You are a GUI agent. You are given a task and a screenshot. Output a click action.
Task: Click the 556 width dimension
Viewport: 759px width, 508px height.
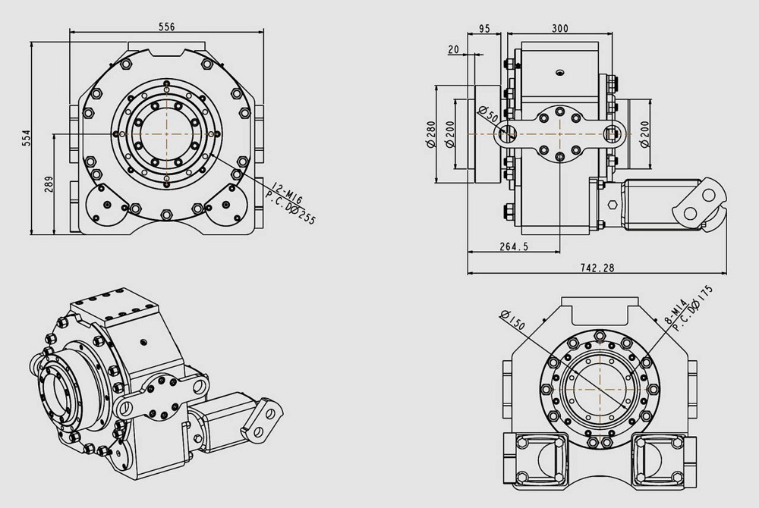[x=167, y=27]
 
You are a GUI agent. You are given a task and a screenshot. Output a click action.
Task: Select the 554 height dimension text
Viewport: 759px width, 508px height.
[x=26, y=136]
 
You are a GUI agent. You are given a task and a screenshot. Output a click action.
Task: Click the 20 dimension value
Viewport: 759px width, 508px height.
[x=454, y=50]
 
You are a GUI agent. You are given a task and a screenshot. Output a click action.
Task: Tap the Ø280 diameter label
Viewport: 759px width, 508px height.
[x=430, y=134]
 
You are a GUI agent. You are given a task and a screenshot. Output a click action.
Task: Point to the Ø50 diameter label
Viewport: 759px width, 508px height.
[x=490, y=115]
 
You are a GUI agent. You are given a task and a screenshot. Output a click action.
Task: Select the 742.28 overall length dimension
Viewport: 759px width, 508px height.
[x=596, y=268]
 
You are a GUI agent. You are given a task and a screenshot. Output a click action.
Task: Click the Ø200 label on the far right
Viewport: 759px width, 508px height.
[x=645, y=134]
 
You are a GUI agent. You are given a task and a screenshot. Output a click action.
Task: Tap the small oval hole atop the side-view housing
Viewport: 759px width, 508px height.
[x=559, y=73]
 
